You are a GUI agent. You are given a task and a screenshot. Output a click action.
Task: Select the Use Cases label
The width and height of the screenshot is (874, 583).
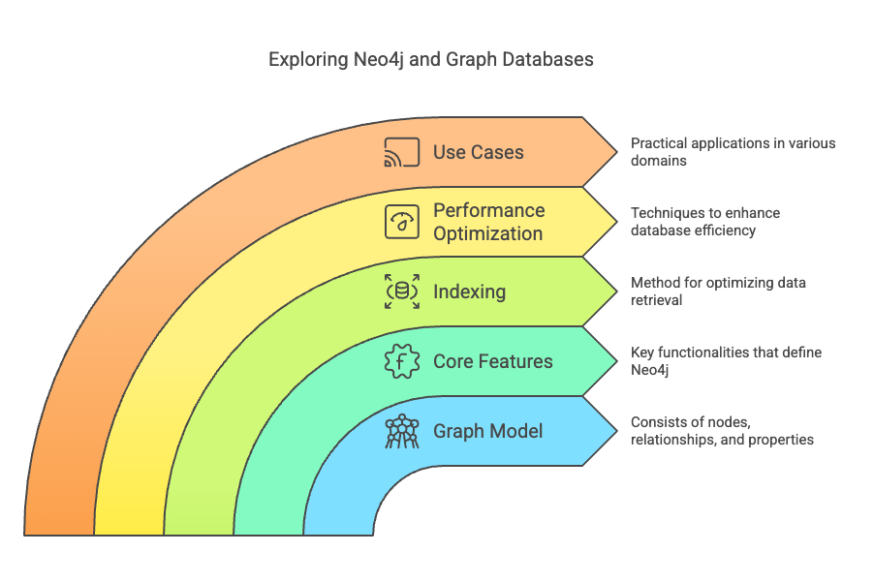[479, 152]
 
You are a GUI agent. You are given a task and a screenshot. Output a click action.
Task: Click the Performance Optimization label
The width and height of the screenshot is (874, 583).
[488, 222]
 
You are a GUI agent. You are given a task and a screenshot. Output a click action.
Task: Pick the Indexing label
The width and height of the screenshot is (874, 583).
[470, 291]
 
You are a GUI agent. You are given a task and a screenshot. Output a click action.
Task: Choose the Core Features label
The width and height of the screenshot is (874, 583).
[493, 361]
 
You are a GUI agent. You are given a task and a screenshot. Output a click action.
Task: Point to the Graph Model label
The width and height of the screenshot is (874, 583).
[488, 431]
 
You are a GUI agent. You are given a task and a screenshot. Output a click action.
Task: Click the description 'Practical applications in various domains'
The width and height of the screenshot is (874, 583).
[733, 152]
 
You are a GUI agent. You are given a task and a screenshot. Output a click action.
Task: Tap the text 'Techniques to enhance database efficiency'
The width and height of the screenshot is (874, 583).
[704, 222]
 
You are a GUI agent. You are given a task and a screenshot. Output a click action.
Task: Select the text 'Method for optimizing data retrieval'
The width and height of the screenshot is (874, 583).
[718, 291]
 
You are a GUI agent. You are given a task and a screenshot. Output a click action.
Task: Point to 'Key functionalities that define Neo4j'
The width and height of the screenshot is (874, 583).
[726, 361]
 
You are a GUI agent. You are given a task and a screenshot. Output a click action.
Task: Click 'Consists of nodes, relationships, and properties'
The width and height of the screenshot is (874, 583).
[722, 431]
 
